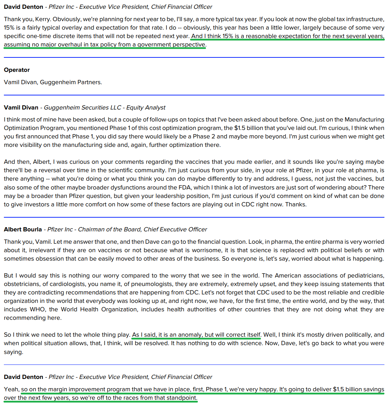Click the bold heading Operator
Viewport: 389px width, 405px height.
(x=17, y=70)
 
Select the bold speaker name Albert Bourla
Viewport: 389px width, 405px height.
(x=23, y=229)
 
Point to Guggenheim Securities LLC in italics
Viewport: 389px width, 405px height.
(x=82, y=107)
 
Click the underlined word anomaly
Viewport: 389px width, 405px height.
(x=189, y=335)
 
